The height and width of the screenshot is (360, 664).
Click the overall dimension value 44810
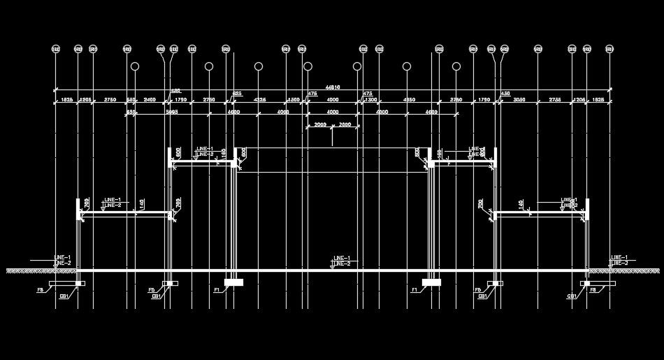pos(333,87)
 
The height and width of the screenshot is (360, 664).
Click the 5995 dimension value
pos(171,112)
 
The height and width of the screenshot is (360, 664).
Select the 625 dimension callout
pos(237,93)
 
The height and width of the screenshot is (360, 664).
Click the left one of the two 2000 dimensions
pos(320,124)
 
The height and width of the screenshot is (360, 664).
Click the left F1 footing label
pos(217,289)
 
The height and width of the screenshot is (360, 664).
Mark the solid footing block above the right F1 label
pos(431,282)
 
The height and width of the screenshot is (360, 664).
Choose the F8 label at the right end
pos(593,289)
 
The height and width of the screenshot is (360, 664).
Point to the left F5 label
pos(151,289)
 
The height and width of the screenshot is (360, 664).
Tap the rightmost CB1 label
pos(572,296)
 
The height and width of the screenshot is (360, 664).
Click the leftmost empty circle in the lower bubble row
pos(134,66)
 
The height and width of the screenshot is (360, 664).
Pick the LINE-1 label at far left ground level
pos(63,257)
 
